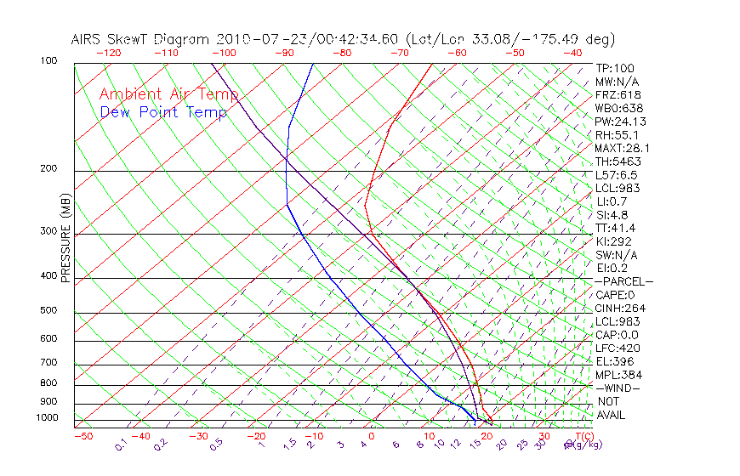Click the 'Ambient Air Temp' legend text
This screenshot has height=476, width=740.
(x=168, y=94)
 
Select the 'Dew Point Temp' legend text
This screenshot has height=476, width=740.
(x=163, y=112)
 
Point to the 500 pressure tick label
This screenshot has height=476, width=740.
(x=49, y=311)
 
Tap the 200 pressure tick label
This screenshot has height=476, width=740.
(x=49, y=169)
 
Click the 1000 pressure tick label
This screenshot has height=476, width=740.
(x=48, y=418)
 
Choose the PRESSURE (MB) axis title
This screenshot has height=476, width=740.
(x=65, y=238)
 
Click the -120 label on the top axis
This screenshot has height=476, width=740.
(x=108, y=53)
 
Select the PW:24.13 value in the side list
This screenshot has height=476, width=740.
(x=618, y=122)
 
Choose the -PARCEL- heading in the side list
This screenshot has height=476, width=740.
(x=623, y=281)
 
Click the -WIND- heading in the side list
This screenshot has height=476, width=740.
(x=618, y=388)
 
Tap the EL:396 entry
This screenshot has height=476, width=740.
(x=613, y=361)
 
